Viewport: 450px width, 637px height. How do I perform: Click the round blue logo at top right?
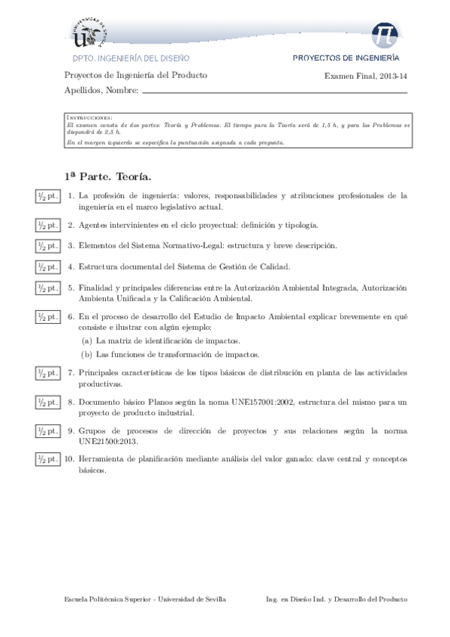pyautogui.click(x=387, y=31)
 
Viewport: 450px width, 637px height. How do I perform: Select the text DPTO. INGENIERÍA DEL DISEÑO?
pyautogui.click(x=130, y=57)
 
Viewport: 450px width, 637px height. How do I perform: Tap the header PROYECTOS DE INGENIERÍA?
pyautogui.click(x=346, y=57)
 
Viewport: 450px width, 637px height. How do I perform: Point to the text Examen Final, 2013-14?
pyautogui.click(x=366, y=76)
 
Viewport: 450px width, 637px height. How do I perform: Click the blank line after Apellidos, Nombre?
pyautogui.click(x=274, y=92)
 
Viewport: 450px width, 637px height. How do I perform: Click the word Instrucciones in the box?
pyautogui.click(x=89, y=118)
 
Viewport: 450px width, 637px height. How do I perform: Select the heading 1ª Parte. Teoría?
pyautogui.click(x=108, y=177)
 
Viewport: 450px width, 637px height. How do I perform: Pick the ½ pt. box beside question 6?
pyautogui.click(x=47, y=318)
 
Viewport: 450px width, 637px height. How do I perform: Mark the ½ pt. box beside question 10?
pyautogui.click(x=47, y=459)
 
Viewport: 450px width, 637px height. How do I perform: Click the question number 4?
pyautogui.click(x=71, y=266)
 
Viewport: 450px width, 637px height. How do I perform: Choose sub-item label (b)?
pyautogui.click(x=86, y=354)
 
